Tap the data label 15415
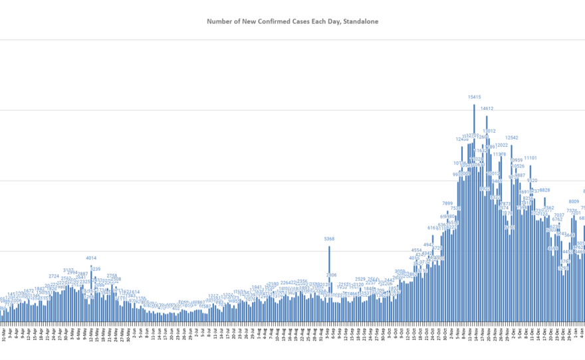474,98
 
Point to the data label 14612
487,108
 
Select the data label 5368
329,239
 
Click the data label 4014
91,258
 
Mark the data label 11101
530,158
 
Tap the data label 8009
573,201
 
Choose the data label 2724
54,276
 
